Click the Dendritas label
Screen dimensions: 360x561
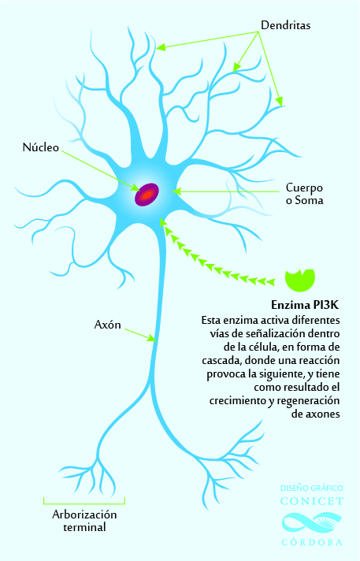tap(286, 25)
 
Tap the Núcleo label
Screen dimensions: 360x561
tap(41, 147)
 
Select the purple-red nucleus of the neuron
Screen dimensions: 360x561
tap(147, 195)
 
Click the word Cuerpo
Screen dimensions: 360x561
tap(304, 188)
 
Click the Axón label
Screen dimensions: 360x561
tap(107, 325)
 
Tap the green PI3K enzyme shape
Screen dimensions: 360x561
tap(300, 280)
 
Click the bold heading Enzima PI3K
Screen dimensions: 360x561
tap(305, 305)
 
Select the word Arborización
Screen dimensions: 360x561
tap(84, 515)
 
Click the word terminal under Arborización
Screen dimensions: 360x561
tap(84, 527)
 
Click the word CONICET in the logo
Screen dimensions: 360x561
tap(312, 501)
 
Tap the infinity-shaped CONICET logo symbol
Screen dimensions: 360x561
tap(312, 522)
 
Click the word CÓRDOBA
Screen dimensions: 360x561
tap(312, 542)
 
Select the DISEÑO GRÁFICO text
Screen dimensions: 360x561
tap(312, 489)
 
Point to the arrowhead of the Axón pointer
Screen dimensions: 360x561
tap(153, 338)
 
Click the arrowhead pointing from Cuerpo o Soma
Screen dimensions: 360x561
tap(176, 191)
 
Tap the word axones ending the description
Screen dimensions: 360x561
tap(323, 414)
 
